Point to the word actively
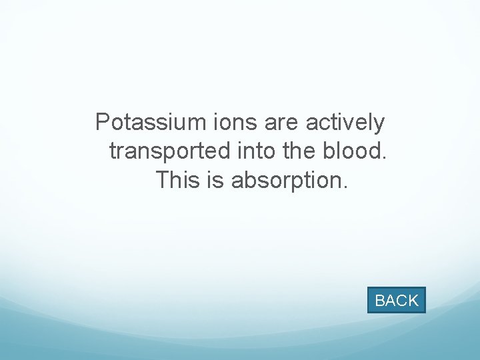345,123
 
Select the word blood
353,151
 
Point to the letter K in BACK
413,301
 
